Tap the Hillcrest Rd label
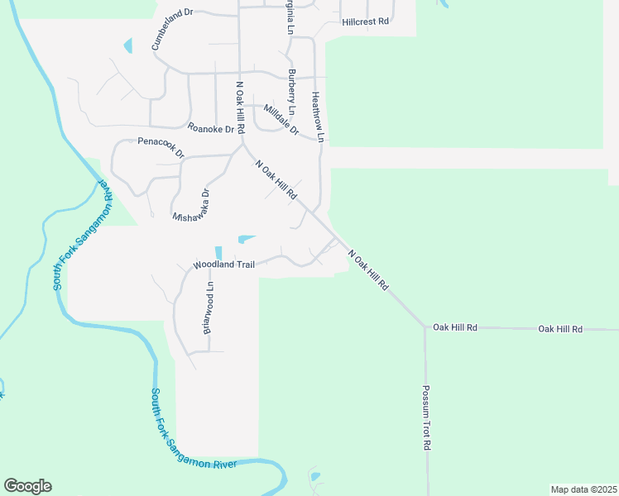point(365,21)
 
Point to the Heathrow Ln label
point(317,114)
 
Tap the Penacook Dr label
point(161,147)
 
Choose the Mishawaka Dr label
point(191,206)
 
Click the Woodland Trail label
point(223,265)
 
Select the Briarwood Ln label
point(209,308)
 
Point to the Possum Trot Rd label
point(427,417)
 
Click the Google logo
point(27,486)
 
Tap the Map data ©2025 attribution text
point(583,489)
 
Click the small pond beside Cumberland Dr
point(127,45)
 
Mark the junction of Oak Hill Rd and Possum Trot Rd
point(425,327)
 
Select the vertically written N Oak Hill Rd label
point(240,107)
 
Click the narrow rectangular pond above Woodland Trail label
point(218,252)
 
